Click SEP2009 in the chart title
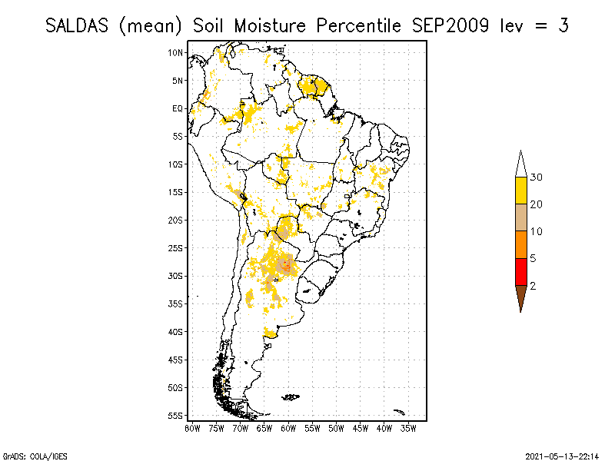click(x=446, y=25)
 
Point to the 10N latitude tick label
click(x=176, y=52)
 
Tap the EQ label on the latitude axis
click(x=178, y=108)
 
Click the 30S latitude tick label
click(x=176, y=276)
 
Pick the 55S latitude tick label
click(x=176, y=416)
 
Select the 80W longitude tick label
click(x=192, y=428)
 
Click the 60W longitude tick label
click(x=288, y=428)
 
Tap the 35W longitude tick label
click(x=408, y=428)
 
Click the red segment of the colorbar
click(x=520, y=271)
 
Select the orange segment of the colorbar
click(x=520, y=244)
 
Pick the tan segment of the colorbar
click(x=520, y=217)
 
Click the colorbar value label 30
click(x=537, y=177)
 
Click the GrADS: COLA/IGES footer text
click(x=25, y=456)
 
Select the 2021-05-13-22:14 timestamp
click(x=562, y=456)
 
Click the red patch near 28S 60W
click(x=287, y=267)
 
